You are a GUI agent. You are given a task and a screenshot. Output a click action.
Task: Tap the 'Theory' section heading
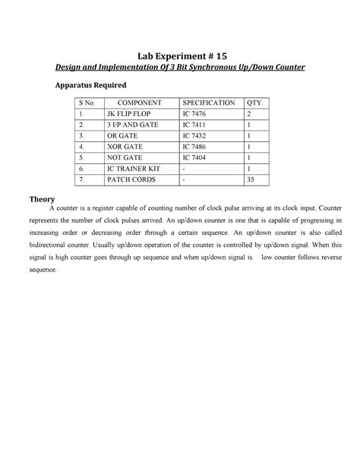tap(43, 198)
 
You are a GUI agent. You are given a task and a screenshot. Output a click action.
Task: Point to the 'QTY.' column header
tap(254, 103)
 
